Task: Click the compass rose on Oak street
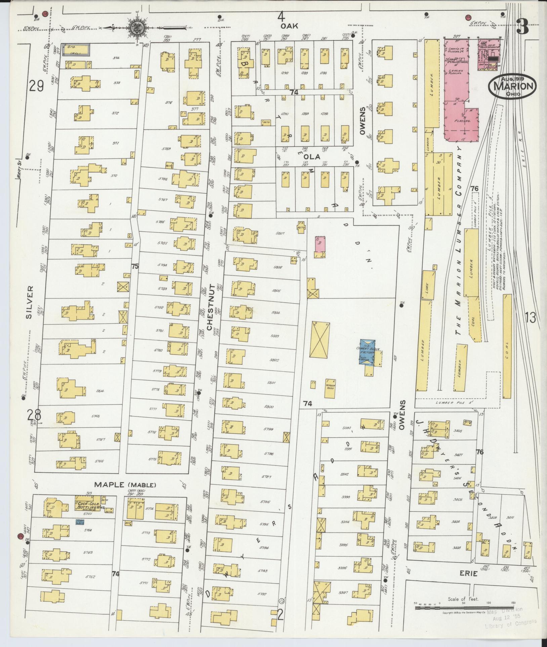[137, 27]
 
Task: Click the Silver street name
[30, 302]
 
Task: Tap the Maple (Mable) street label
[125, 485]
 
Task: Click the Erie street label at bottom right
[469, 574]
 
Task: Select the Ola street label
[315, 157]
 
